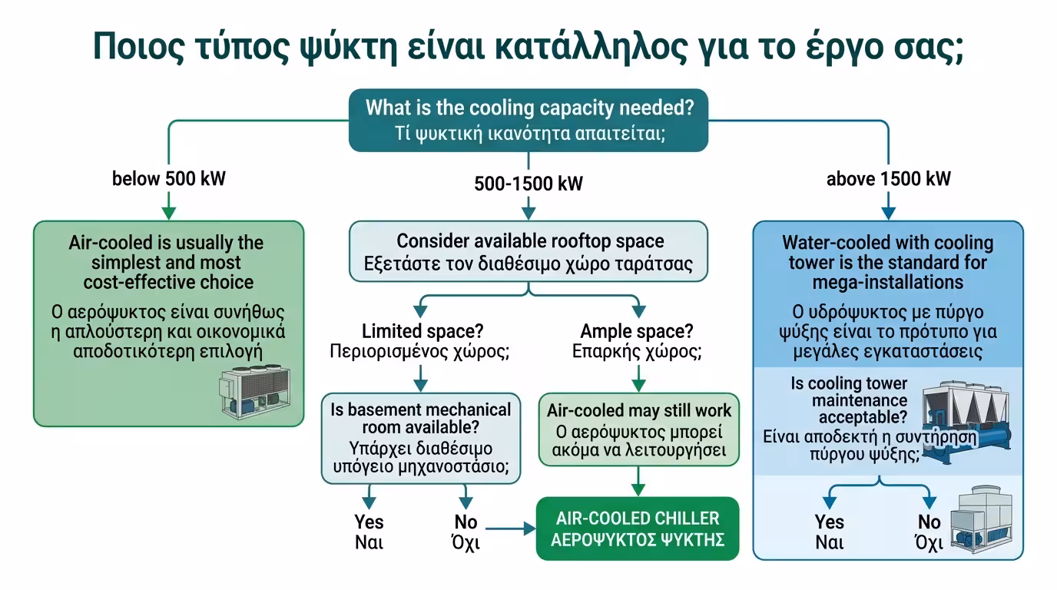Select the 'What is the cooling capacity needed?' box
(528, 119)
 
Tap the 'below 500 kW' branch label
(169, 179)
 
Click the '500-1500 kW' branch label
(528, 184)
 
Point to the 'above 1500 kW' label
(888, 179)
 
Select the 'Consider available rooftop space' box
(528, 253)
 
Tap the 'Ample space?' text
(637, 332)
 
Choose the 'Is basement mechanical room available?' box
(420, 439)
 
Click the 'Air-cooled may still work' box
(639, 429)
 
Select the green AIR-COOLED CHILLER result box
(638, 529)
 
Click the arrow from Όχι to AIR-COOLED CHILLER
(511, 529)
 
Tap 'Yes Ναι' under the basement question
(369, 532)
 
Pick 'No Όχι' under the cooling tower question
(929, 532)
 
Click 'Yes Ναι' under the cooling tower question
(829, 532)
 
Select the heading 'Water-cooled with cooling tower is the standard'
(887, 262)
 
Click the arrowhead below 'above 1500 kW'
(888, 213)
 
